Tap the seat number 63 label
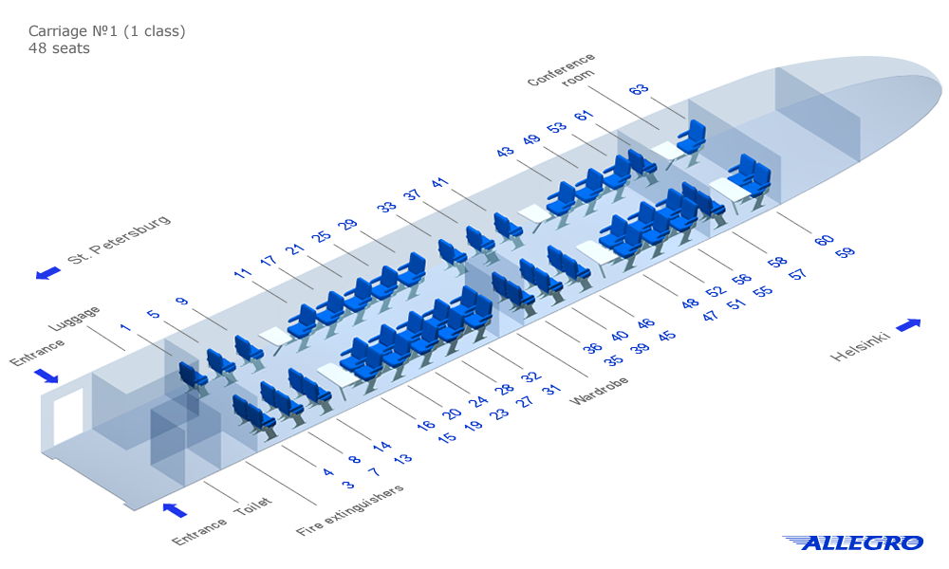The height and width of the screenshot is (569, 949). tap(639, 90)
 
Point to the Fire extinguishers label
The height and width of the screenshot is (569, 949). tap(349, 510)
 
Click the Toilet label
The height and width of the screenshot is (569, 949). tap(253, 509)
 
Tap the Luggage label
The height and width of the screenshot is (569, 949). tap(74, 319)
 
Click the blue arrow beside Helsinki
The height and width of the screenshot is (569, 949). tap(908, 325)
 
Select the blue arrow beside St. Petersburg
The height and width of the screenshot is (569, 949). tap(47, 273)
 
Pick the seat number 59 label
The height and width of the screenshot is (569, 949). tap(845, 252)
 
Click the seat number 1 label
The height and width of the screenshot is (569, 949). tap(124, 327)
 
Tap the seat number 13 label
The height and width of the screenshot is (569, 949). tap(402, 460)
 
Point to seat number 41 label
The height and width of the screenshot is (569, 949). tap(439, 183)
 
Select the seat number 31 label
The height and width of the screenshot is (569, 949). tap(551, 390)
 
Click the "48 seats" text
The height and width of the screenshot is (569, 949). tap(59, 48)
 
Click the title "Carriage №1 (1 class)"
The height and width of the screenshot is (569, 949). tap(106, 31)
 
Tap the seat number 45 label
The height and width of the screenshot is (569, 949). tap(668, 336)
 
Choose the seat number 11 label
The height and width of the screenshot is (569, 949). tap(243, 274)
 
